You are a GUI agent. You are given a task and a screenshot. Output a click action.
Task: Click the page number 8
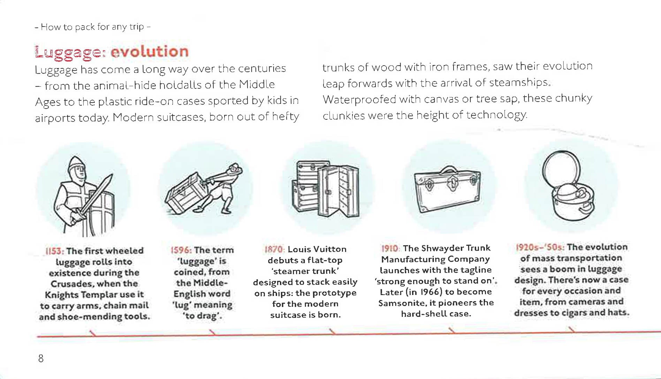pyautogui.click(x=41, y=358)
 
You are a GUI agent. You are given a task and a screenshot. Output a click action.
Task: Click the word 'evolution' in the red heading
pyautogui.click(x=150, y=52)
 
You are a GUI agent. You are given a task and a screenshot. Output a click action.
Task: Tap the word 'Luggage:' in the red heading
pyautogui.click(x=70, y=52)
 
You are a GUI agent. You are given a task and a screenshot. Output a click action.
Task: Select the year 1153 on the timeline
pyautogui.click(x=54, y=251)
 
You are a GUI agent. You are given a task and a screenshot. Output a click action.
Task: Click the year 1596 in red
pyautogui.click(x=181, y=250)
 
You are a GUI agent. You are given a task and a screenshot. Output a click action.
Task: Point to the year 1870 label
pyautogui.click(x=274, y=249)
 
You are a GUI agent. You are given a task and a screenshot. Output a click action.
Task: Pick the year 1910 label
pyautogui.click(x=390, y=248)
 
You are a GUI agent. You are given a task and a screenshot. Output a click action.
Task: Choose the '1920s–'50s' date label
pyautogui.click(x=540, y=247)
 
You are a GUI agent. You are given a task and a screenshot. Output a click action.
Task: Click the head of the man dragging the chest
pyautogui.click(x=234, y=170)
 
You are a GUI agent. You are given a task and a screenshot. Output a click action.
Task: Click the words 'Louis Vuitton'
pyautogui.click(x=317, y=249)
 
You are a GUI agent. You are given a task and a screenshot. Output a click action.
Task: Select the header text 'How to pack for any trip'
pyautogui.click(x=92, y=27)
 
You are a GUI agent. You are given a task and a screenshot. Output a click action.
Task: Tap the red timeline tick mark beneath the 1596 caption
pyautogui.click(x=212, y=332)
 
